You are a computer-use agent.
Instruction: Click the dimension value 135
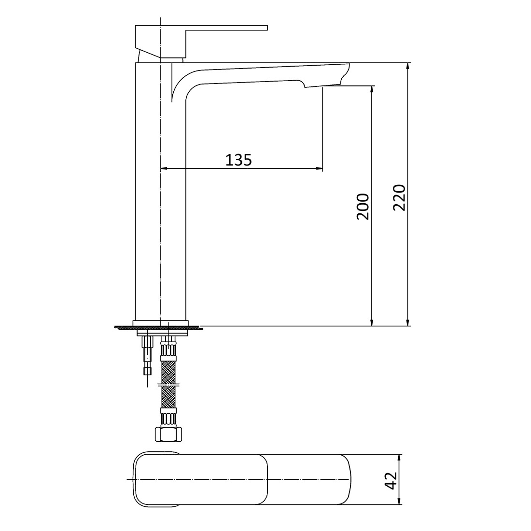pyautogui.click(x=238, y=160)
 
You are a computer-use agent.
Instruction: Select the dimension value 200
pyautogui.click(x=363, y=207)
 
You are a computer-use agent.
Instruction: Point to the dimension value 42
pyautogui.click(x=391, y=480)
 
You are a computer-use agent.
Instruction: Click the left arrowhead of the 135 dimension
pyautogui.click(x=163, y=168)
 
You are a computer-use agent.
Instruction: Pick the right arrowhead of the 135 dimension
pyautogui.click(x=319, y=168)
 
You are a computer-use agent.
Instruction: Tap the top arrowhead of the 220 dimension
pyautogui.click(x=408, y=67)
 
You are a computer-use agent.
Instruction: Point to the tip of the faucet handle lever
pyautogui.click(x=266, y=28)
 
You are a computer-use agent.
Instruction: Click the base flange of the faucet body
pyautogui.click(x=160, y=322)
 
